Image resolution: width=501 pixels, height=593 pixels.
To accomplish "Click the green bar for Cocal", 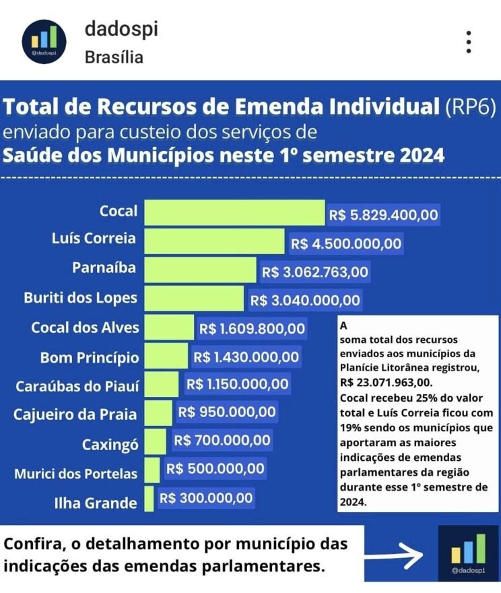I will click(234, 212).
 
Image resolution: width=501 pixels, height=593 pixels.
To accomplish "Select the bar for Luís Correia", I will click(214, 241).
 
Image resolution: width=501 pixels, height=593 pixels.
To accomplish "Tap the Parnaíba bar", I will click(200, 270).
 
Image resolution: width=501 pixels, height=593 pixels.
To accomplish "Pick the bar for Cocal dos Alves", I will click(169, 328).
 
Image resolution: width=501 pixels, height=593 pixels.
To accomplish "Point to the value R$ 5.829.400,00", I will click(384, 216).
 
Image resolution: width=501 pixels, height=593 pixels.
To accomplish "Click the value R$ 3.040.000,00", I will click(305, 301).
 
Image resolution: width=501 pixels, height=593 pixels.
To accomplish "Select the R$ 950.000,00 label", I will click(227, 412).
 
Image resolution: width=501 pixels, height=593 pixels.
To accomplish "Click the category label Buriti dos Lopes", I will click(80, 298).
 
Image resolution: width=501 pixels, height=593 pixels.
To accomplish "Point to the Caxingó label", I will click(110, 445).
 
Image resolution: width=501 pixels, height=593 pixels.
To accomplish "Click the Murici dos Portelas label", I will click(76, 474).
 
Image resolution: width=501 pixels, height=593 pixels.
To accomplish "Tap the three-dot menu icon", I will click(469, 42).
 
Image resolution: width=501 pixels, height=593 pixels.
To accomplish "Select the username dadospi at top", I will click(121, 29).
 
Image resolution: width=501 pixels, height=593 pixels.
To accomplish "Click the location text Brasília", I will click(114, 57).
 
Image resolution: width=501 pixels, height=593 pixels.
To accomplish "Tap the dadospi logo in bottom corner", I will click(467, 553).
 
